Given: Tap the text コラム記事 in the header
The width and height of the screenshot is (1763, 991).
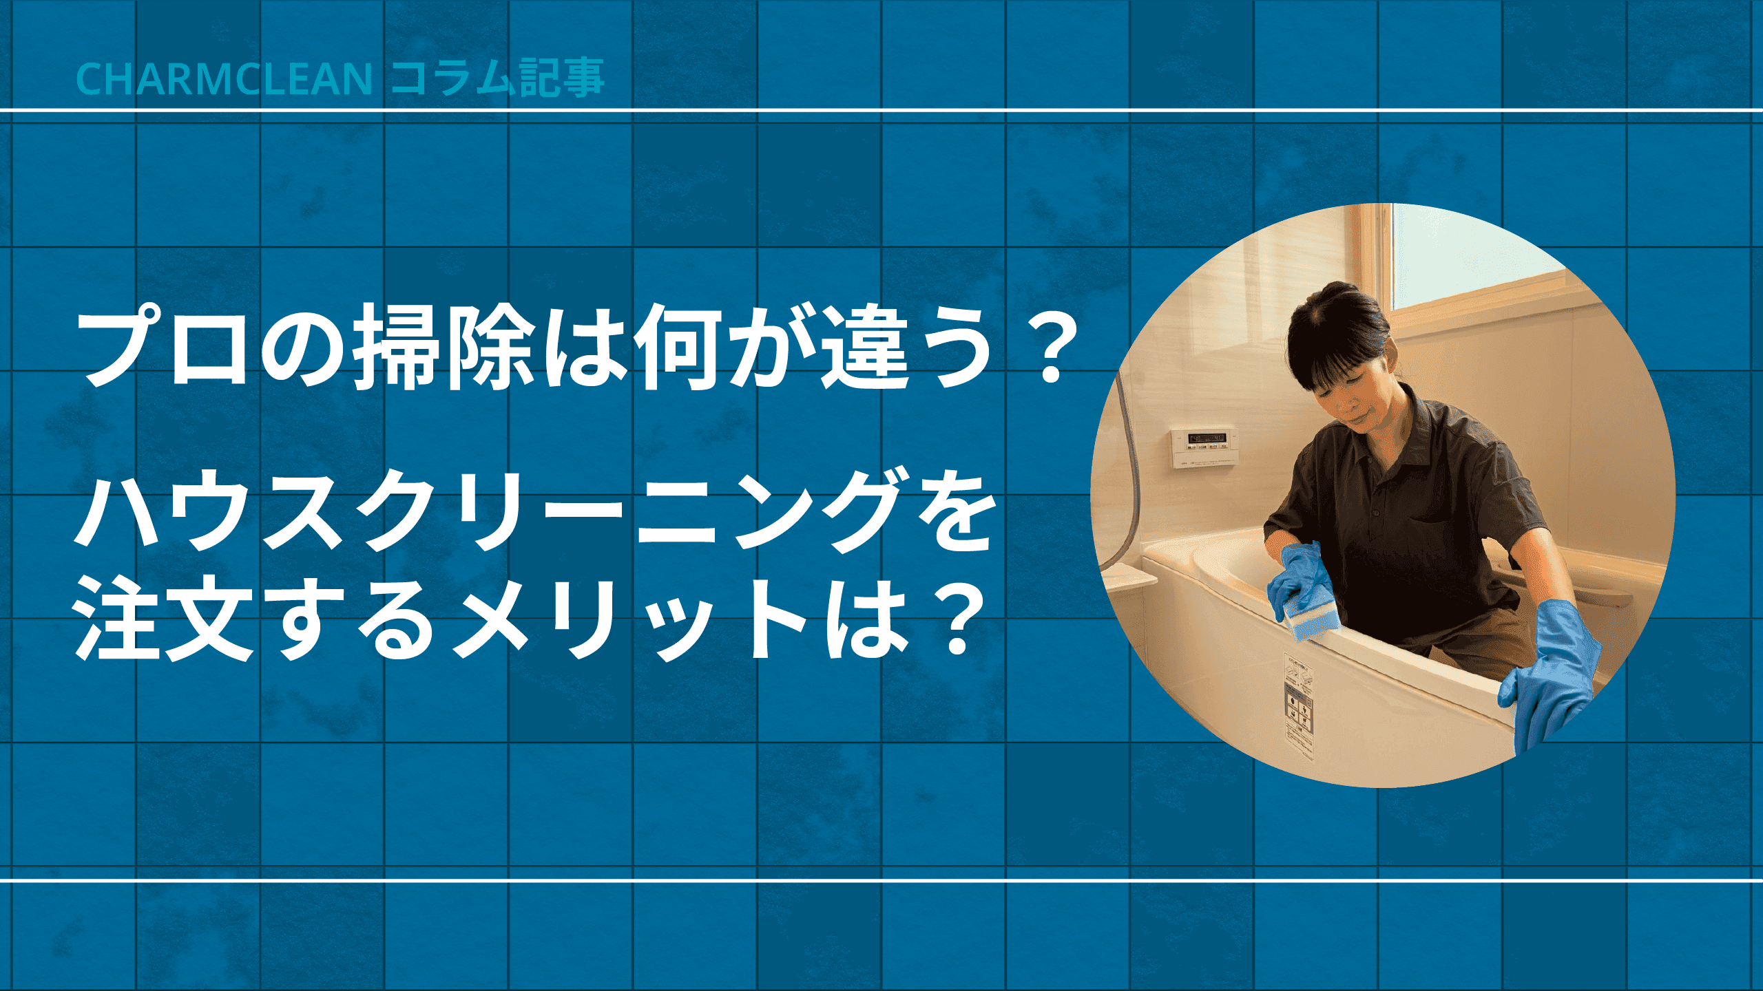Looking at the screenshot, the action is coord(498,78).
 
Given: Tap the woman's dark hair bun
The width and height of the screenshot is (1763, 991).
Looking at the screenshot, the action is coord(1336,303).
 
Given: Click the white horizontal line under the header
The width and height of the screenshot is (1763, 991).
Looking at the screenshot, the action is coord(881,110).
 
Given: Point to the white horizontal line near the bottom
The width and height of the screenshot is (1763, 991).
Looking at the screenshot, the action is coord(881,880).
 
